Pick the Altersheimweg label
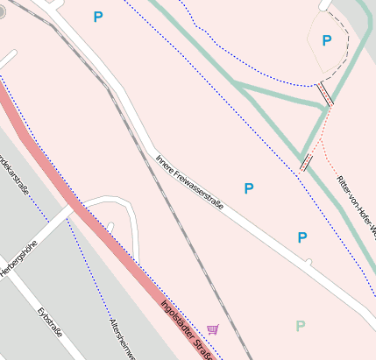point(120,338)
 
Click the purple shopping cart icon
point(213,329)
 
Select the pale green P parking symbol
point(301,327)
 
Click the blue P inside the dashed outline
point(327,40)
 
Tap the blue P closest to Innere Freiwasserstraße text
point(249,188)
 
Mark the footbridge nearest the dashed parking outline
point(325,94)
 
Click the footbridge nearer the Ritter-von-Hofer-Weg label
point(306,162)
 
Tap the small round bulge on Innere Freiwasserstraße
point(308,261)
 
